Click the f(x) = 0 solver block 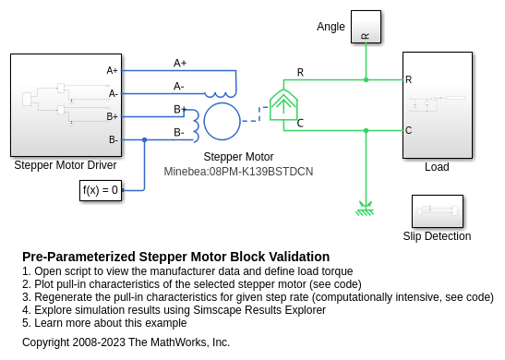click(101, 191)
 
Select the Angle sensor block click(366, 27)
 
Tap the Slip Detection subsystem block click(438, 211)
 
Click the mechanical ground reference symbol click(366, 209)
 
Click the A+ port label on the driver click(112, 70)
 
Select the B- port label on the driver click(113, 139)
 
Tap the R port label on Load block click(408, 79)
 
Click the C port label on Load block click(408, 130)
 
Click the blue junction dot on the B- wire click(145, 139)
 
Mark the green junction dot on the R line click(366, 79)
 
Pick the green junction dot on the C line click(366, 130)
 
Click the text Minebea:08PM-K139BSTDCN click(238, 172)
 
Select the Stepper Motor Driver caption click(66, 165)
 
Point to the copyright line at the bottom click(126, 342)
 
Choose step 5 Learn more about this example click(104, 323)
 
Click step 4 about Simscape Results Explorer click(174, 310)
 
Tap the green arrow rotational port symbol click(283, 104)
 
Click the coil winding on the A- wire click(221, 95)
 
